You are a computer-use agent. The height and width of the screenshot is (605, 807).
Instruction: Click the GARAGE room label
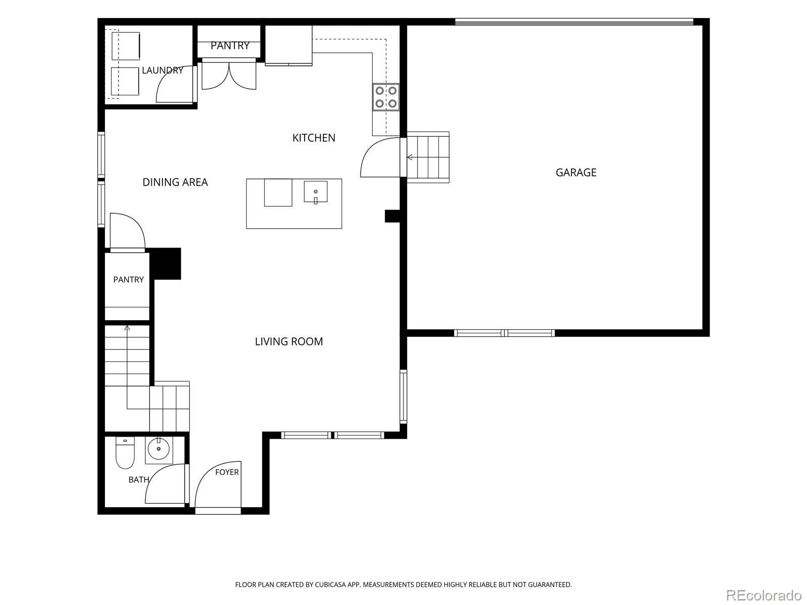576,172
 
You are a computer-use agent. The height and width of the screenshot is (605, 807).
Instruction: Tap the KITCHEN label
314,138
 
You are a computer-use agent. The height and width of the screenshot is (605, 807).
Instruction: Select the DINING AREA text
175,182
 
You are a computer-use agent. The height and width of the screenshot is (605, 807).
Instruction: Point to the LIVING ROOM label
289,342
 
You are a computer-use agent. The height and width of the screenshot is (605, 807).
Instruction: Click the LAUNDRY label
162,70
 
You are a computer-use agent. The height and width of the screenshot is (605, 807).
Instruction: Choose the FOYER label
227,472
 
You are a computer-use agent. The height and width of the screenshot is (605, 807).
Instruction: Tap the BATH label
139,480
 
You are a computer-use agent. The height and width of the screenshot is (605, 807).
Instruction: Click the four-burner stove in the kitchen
386,97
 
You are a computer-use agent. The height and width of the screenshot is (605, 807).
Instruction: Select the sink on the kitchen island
315,192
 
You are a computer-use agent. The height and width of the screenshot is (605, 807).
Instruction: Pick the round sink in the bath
159,449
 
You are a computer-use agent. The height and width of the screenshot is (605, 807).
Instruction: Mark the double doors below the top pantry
228,76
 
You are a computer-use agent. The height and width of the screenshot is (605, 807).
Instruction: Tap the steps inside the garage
428,157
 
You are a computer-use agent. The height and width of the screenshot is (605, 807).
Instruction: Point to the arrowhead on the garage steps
409,158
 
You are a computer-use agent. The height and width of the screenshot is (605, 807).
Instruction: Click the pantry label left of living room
128,279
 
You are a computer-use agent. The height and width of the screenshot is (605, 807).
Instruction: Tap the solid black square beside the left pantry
165,264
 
